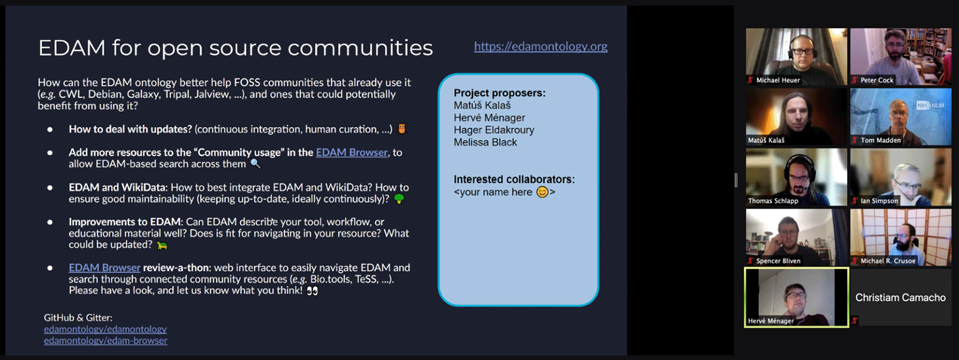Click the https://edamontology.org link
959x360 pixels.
pyautogui.click(x=540, y=47)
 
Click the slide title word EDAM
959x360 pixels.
pyautogui.click(x=72, y=48)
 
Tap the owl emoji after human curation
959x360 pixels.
pyautogui.click(x=402, y=129)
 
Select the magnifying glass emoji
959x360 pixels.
pyautogui.click(x=256, y=164)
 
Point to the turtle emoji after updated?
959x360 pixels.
pyautogui.click(x=162, y=245)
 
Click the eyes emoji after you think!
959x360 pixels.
pyautogui.click(x=312, y=291)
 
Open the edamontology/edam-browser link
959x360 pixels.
pyautogui.click(x=106, y=341)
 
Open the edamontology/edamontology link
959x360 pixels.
pyautogui.click(x=105, y=329)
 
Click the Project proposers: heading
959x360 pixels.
pyautogui.click(x=500, y=93)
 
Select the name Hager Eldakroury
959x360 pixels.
pyautogui.click(x=494, y=130)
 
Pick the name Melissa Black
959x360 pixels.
pyautogui.click(x=486, y=143)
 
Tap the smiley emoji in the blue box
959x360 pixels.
pyautogui.click(x=542, y=192)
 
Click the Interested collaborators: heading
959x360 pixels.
pyautogui.click(x=514, y=179)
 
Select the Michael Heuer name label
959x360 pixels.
pyautogui.click(x=778, y=80)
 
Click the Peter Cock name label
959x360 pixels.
pyautogui.click(x=877, y=80)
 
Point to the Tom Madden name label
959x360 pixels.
pyautogui.click(x=881, y=140)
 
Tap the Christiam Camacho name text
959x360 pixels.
pyautogui.click(x=900, y=298)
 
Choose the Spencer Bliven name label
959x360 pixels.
pyautogui.click(x=778, y=261)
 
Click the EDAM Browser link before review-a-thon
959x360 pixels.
pyautogui.click(x=104, y=268)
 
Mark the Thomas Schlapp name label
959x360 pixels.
pyautogui.click(x=773, y=201)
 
